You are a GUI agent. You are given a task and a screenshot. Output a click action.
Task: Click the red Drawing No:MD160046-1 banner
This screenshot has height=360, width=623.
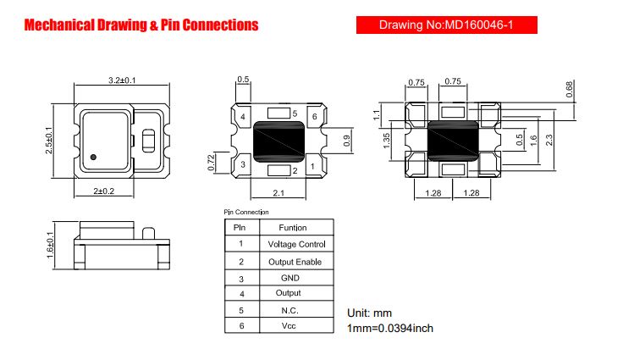(x=447, y=25)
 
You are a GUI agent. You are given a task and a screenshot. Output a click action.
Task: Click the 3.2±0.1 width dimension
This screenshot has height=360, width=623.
(x=122, y=80)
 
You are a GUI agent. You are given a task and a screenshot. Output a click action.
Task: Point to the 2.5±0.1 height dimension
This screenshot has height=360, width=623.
(x=48, y=141)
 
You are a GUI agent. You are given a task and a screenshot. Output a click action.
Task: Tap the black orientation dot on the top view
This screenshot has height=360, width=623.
(x=93, y=157)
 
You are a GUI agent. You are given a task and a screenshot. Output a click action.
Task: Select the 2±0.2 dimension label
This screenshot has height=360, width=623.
(x=104, y=191)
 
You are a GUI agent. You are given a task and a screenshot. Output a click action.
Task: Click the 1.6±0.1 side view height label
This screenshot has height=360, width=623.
(x=50, y=245)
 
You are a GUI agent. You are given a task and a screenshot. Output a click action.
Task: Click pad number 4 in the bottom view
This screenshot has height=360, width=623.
(x=243, y=117)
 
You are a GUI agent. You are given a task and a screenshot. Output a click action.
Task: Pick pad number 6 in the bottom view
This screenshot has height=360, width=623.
(x=314, y=117)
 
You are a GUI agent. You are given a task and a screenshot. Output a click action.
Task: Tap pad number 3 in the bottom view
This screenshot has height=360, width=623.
(x=243, y=164)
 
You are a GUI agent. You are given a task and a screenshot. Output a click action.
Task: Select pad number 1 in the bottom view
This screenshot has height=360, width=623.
(x=312, y=166)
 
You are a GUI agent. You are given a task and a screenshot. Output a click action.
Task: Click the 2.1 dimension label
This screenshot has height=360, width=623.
(x=278, y=193)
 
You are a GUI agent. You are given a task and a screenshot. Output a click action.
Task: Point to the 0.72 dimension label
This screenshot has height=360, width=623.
(x=211, y=163)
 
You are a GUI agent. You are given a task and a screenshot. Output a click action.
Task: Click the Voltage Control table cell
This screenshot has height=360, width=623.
(x=296, y=244)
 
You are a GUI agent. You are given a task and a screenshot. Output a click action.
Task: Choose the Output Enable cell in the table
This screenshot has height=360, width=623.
(x=295, y=262)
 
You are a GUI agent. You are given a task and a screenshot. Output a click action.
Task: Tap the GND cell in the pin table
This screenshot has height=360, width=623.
(x=290, y=278)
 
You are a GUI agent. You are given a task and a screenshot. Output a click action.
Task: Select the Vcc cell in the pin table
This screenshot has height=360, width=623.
(x=289, y=326)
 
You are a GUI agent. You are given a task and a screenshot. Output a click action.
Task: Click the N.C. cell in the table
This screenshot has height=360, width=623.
(x=289, y=311)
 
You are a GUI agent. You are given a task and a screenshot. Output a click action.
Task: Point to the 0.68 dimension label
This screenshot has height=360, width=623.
(x=570, y=90)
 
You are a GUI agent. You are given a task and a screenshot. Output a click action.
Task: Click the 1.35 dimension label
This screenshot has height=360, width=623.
(x=386, y=141)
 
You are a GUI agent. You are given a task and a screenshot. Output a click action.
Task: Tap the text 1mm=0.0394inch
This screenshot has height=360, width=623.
(x=390, y=329)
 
